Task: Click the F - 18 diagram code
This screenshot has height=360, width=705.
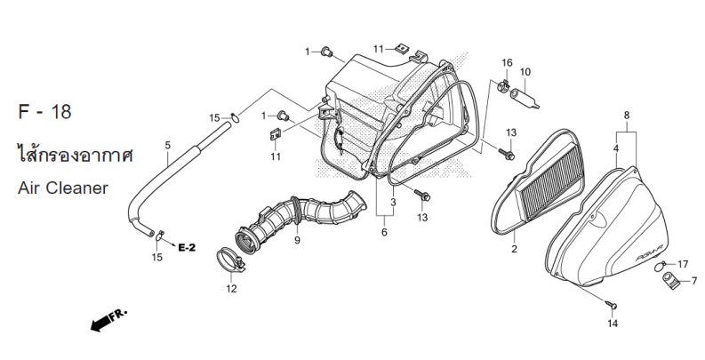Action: [44, 111]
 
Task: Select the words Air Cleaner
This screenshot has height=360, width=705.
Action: [63, 188]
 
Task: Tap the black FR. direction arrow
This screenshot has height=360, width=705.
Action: [108, 320]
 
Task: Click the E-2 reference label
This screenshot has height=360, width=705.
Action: [187, 248]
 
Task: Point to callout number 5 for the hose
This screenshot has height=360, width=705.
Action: [168, 145]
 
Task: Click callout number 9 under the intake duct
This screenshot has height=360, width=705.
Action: [297, 241]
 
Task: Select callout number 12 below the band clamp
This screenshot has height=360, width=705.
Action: [231, 289]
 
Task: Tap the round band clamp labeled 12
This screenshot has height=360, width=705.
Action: [230, 260]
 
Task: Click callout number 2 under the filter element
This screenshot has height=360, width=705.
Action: [515, 249]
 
